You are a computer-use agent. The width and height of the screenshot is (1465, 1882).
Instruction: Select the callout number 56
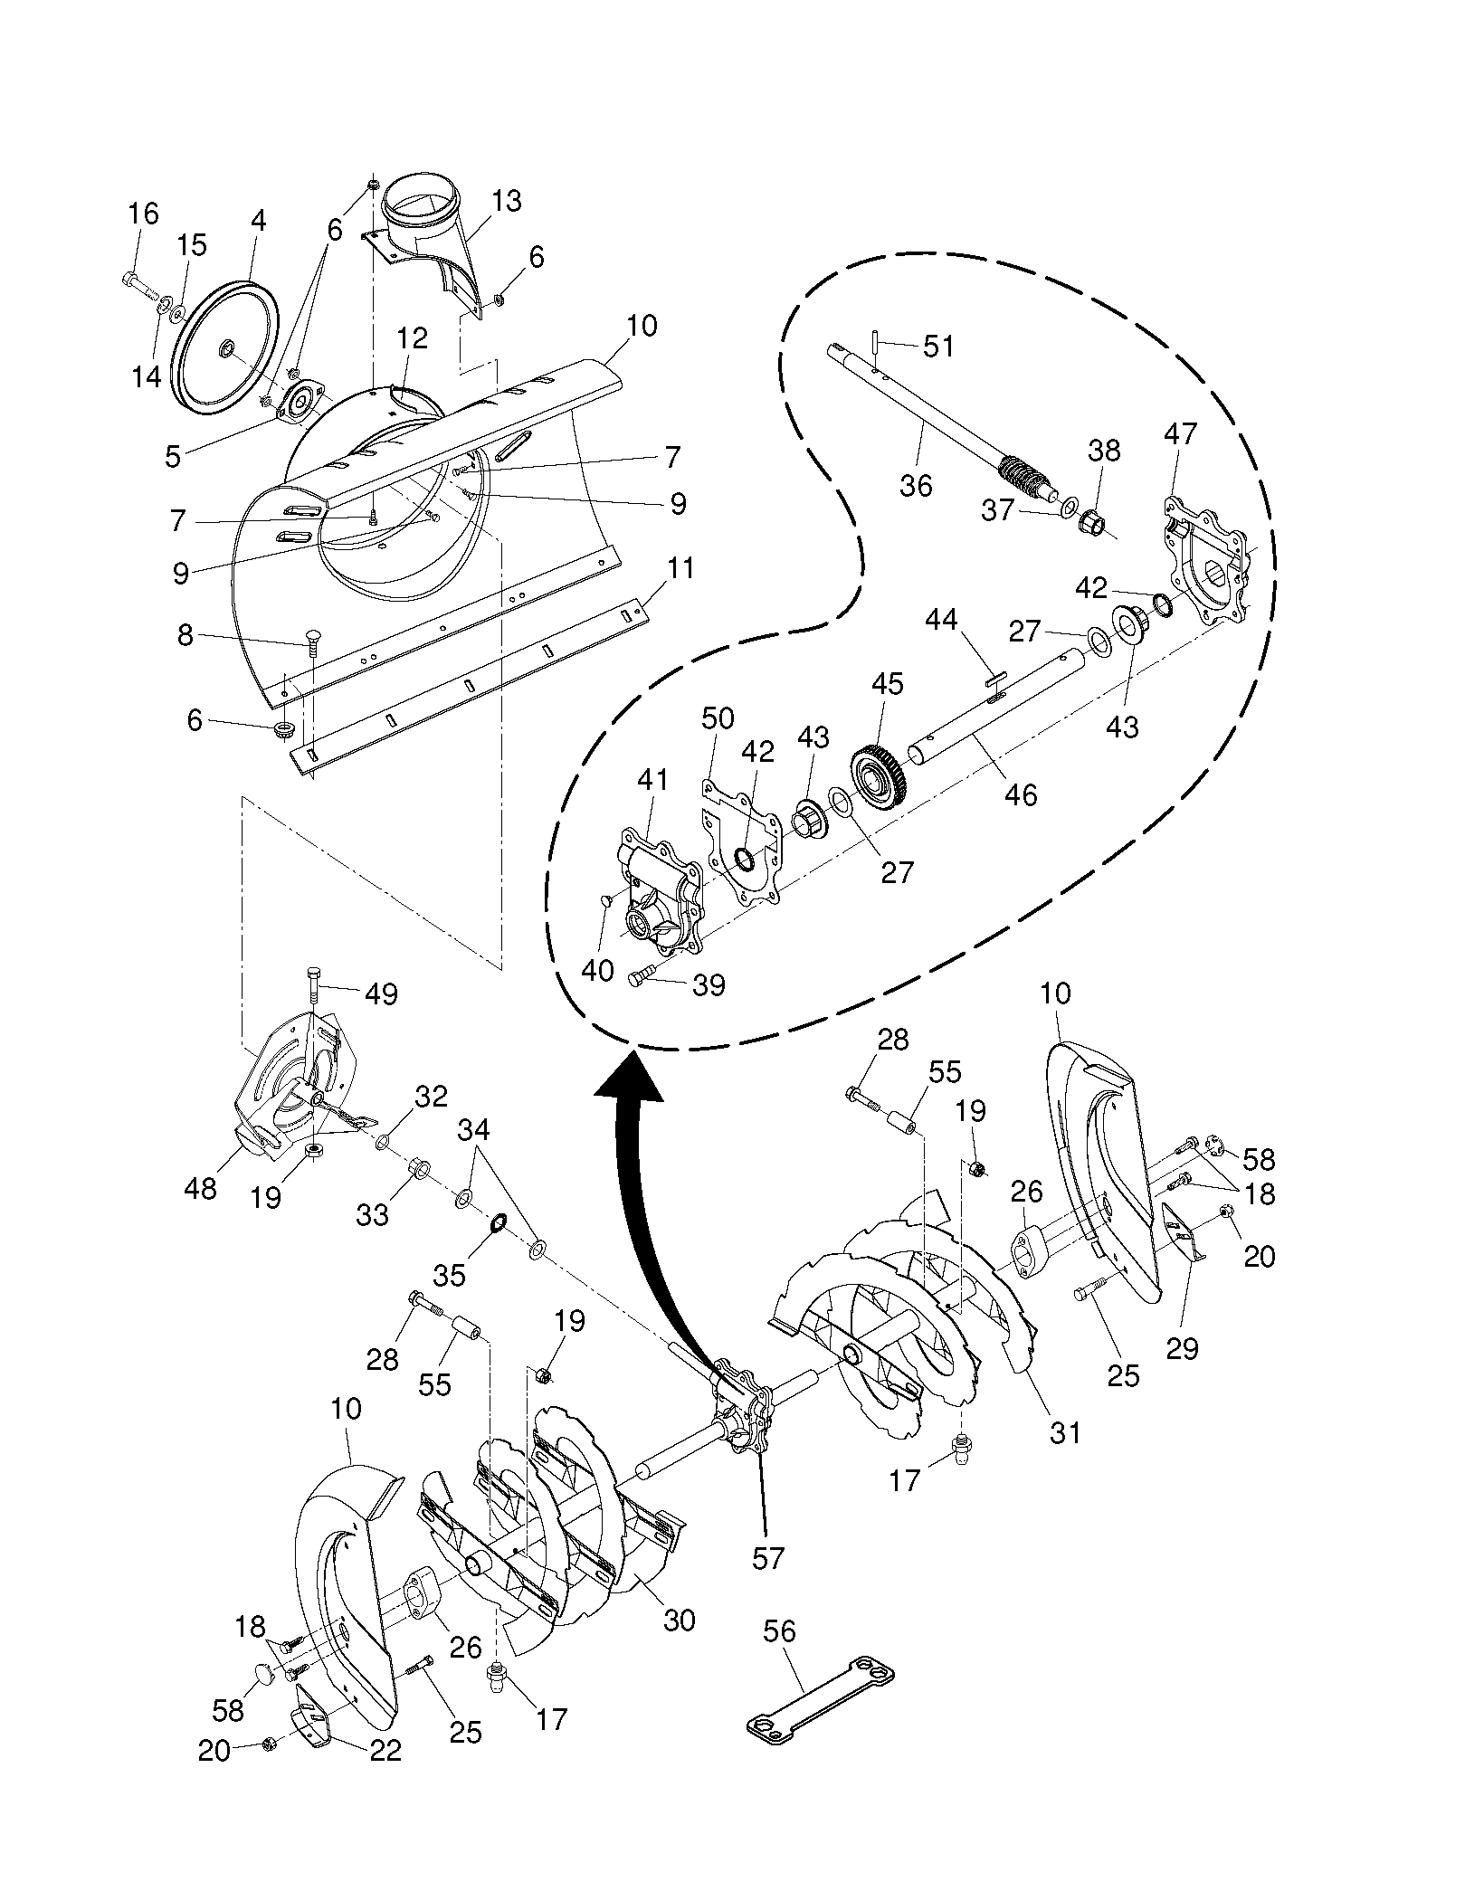point(779,1631)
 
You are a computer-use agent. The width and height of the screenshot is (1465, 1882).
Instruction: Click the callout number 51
point(938,346)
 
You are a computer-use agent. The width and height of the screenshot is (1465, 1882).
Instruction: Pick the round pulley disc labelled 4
point(224,347)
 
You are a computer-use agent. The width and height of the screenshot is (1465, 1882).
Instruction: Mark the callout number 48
point(200,1187)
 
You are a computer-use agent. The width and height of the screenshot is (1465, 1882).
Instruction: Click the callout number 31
point(1065,1431)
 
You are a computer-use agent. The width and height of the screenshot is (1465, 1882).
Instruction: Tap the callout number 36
point(916,486)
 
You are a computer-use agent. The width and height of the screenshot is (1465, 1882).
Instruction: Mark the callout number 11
point(681,569)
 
